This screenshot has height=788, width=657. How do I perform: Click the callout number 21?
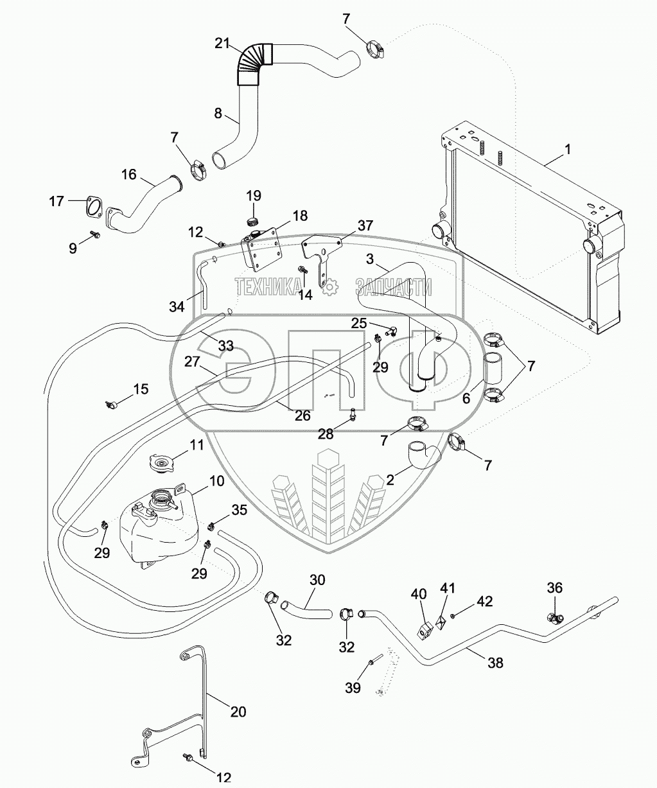tap(222, 44)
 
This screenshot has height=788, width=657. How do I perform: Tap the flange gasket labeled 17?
tap(96, 207)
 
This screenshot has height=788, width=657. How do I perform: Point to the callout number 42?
tap(485, 602)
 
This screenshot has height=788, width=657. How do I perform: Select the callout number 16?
tap(128, 175)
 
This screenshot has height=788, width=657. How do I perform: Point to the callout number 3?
tap(369, 259)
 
